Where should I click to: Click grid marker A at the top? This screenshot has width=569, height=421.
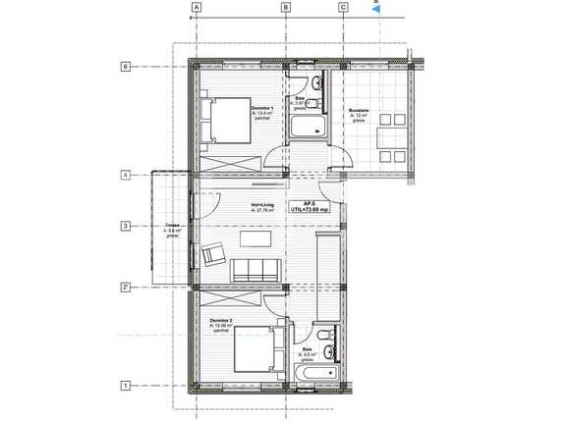(x=197, y=7)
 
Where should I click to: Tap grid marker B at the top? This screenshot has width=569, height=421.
(x=286, y=7)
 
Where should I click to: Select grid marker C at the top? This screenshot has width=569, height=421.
(x=343, y=7)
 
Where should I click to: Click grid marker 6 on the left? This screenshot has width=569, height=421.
(x=126, y=67)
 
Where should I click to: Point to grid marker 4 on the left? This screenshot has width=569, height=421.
(x=126, y=176)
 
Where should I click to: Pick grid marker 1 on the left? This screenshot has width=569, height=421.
(x=126, y=387)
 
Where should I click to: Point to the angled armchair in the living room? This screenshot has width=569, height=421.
(x=212, y=255)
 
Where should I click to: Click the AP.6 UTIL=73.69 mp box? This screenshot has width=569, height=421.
(x=309, y=207)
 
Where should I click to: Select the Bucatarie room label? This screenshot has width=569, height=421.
(x=358, y=113)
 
